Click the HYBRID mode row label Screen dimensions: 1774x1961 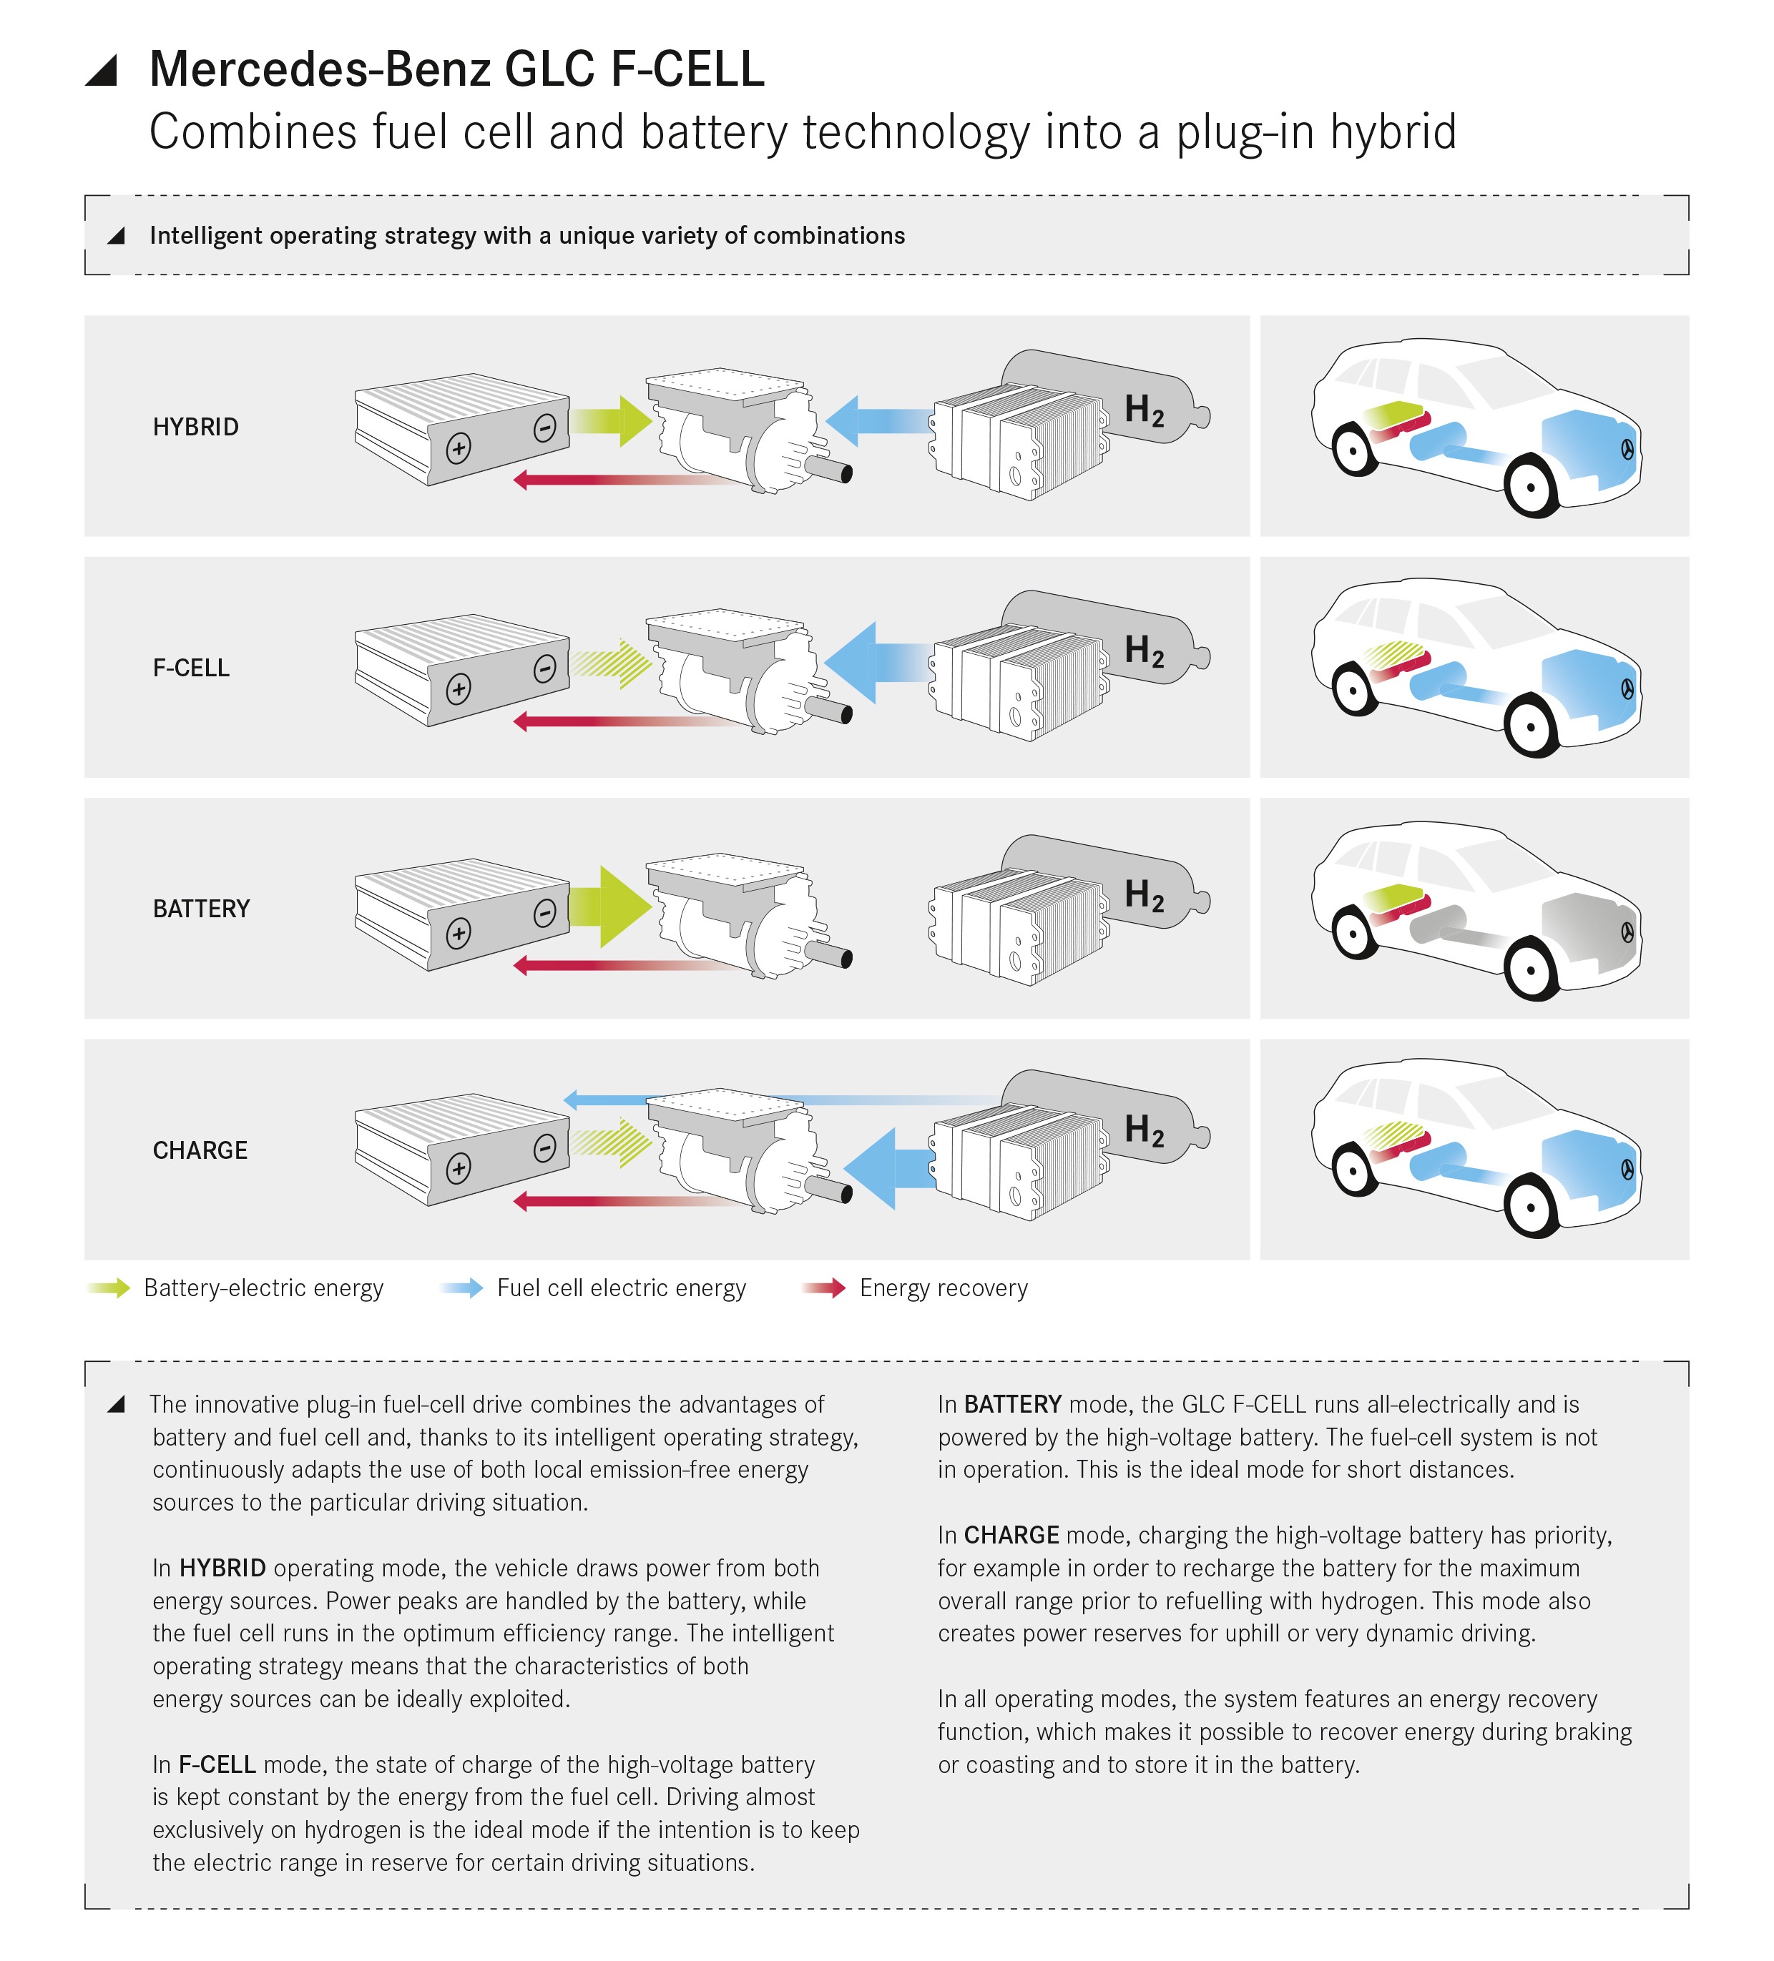coord(195,427)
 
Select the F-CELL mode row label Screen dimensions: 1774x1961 coord(192,668)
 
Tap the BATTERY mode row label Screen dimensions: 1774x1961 coord(202,909)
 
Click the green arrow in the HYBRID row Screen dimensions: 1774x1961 coord(610,421)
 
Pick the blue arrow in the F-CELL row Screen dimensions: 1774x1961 coord(878,663)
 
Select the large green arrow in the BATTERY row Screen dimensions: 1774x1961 coord(610,906)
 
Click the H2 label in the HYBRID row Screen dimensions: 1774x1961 coord(1145,410)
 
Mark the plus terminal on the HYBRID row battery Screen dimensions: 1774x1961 coord(459,448)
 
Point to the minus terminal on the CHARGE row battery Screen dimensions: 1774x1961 coord(545,1148)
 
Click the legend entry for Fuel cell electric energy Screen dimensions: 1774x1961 coord(592,1288)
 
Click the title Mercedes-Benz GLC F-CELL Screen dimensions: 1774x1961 coord(457,69)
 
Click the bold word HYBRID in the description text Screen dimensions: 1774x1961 coord(223,1568)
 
